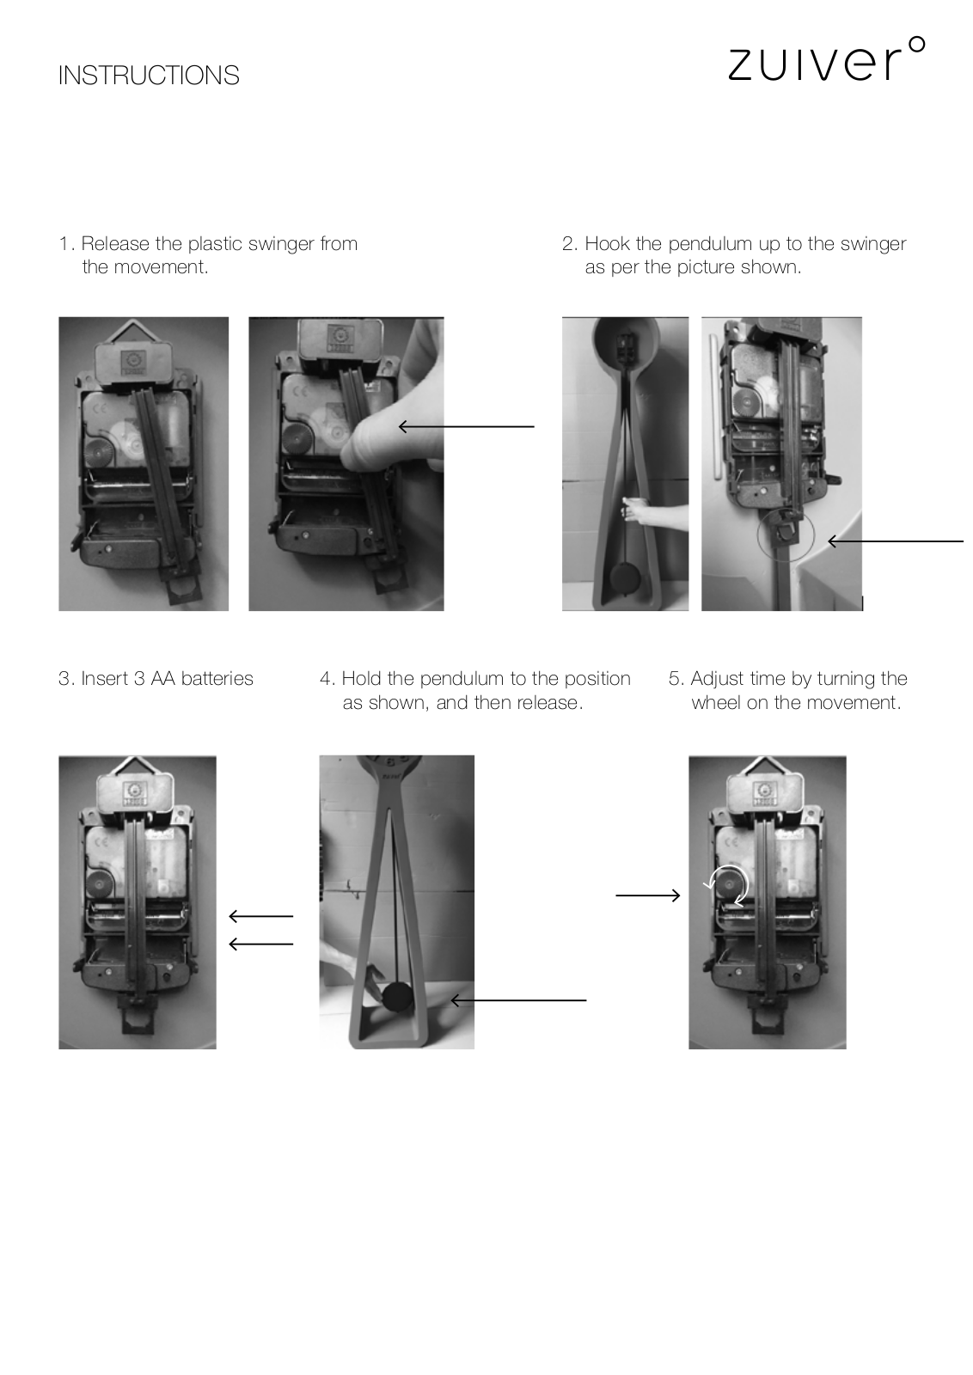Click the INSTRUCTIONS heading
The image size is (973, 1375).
click(149, 76)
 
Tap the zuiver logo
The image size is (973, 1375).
click(826, 60)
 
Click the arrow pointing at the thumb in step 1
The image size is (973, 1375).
click(467, 426)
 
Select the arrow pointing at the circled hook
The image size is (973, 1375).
click(896, 541)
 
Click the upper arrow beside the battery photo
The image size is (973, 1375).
click(261, 916)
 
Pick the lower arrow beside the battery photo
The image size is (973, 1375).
click(261, 944)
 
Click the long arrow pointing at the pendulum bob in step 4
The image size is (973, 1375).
click(518, 1000)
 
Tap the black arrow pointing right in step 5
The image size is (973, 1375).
click(647, 895)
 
